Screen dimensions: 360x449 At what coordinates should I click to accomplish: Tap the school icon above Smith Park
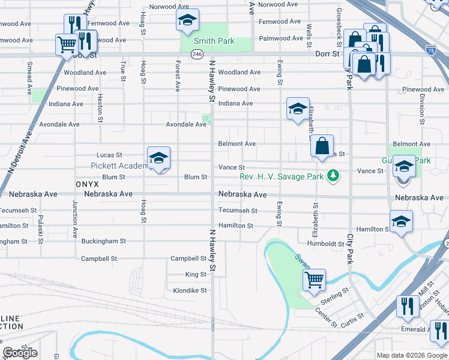pos(187,20)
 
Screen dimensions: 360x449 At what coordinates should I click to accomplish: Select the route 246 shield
pos(197,55)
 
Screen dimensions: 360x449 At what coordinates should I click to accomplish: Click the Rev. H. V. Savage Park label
pos(281,176)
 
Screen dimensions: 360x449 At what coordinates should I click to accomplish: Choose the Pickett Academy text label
pos(118,166)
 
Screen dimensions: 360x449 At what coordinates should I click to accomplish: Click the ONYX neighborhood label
pos(87,184)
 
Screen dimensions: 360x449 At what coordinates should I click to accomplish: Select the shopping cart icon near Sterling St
pos(314,279)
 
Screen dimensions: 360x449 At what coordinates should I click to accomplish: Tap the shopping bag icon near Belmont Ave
pos(322,145)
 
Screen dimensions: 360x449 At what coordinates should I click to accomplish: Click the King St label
pos(196,274)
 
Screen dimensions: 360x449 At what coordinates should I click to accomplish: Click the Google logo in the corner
pos(20,353)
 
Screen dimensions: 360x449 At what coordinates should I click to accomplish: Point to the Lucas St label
pos(110,155)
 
